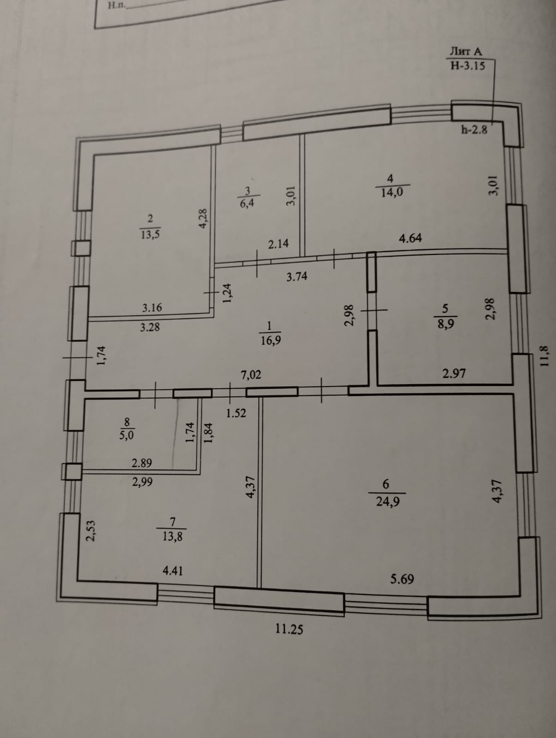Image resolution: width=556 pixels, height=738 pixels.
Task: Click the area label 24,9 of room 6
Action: [x=388, y=501]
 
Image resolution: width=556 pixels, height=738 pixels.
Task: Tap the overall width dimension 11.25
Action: [x=290, y=629]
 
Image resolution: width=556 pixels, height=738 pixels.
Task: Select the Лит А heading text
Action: [x=466, y=52]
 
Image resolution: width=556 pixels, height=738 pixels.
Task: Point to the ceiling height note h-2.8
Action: [x=474, y=130]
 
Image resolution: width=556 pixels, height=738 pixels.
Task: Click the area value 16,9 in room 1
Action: [x=271, y=340]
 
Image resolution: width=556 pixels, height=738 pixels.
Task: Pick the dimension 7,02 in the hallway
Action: [x=251, y=375]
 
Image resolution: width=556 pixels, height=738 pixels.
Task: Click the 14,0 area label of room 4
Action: [x=392, y=192]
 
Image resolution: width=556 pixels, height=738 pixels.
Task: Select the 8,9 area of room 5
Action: [x=446, y=323]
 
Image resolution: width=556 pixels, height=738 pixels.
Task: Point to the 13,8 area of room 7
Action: [x=172, y=536]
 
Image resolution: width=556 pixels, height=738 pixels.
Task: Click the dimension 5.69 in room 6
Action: [x=402, y=579]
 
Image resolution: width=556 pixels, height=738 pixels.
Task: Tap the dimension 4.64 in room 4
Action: [x=410, y=238]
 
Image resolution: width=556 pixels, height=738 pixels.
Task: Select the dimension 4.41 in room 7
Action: [x=173, y=571]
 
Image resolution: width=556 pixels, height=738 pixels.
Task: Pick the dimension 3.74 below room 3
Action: [x=296, y=277]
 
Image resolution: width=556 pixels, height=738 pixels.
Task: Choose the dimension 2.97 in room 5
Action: [x=454, y=373]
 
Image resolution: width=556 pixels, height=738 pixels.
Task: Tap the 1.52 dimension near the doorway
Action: [x=236, y=413]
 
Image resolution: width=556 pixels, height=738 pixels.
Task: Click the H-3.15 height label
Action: [x=467, y=65]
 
